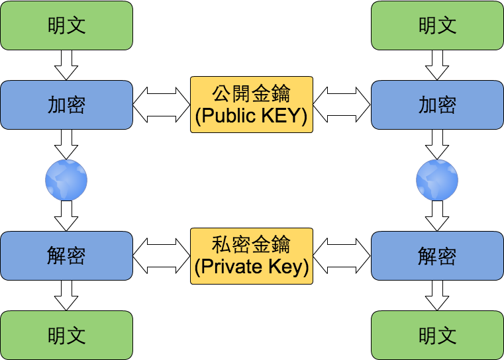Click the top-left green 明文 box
(x=66, y=25)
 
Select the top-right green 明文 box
(x=437, y=25)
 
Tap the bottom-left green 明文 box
(x=66, y=335)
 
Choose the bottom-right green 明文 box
(x=437, y=335)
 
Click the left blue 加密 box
(x=66, y=105)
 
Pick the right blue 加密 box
(x=437, y=105)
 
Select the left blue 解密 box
(x=66, y=255)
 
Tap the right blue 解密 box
(x=437, y=255)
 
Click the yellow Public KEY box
(x=252, y=105)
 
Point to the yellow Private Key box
(x=252, y=255)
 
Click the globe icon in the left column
(x=66, y=180)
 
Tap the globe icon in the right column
(x=437, y=180)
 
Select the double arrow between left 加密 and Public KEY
(x=162, y=105)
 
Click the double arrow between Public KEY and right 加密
(x=342, y=105)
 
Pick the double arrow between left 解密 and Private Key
(x=162, y=255)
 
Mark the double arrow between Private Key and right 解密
(x=342, y=255)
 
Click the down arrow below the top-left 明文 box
(x=66, y=65)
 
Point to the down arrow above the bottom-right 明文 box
(x=437, y=295)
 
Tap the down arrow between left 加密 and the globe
(x=66, y=144)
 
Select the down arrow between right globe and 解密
(x=437, y=216)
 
